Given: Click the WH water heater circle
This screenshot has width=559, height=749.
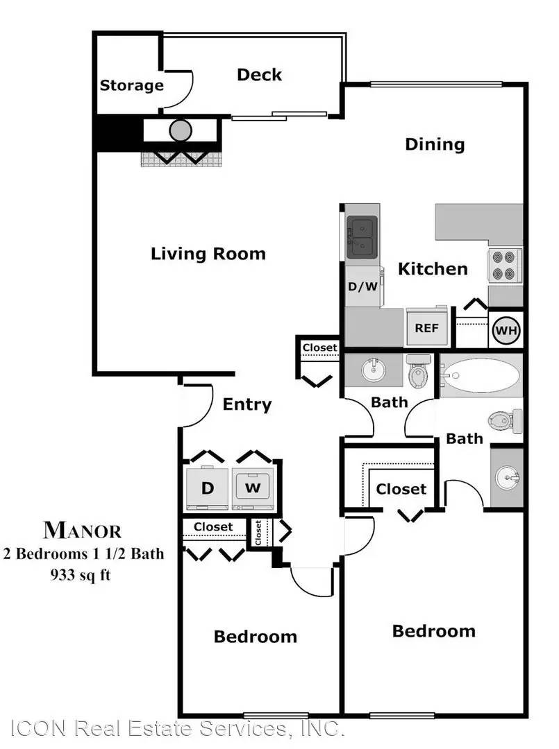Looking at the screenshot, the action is pos(506,330).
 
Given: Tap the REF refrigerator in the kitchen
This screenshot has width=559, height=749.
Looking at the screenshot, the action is pos(427,327).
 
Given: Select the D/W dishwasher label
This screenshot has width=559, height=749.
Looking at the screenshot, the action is pos(362,286).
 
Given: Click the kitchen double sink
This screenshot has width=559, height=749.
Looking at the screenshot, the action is pos(362,237).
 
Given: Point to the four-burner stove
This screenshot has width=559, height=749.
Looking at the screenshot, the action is pos(504,266).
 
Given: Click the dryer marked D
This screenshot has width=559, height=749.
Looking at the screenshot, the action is pos(208,488).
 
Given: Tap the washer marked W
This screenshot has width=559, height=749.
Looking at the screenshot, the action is pos(253,488).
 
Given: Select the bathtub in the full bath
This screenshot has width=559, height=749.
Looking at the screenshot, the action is pos(481,375).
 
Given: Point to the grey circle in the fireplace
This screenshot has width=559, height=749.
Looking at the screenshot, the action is pos(181,130).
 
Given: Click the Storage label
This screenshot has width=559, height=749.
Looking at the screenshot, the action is pos(131,85).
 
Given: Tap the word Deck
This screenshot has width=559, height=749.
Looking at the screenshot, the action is pos(259,74).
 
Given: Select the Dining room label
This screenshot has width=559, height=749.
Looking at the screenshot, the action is pos(435,144).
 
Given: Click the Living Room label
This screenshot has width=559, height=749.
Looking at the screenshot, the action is pos(208,254).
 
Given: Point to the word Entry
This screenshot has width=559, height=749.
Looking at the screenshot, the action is pos(247,404).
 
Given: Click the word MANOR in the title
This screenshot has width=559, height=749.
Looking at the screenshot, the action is pos(82,530).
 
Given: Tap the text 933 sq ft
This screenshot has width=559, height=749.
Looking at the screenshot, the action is pos(81,574).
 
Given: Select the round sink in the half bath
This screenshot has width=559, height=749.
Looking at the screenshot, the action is pos(375,369).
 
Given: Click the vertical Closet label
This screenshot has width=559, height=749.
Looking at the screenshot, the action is pos(258,533).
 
